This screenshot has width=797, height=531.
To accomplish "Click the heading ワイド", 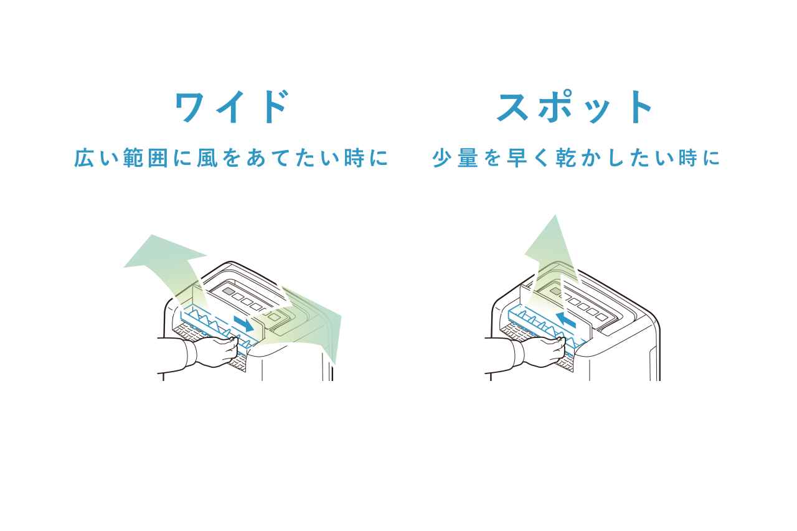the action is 231,106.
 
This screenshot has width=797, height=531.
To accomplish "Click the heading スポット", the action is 575,106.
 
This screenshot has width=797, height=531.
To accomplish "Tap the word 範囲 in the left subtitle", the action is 146,158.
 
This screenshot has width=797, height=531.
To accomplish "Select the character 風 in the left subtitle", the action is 207,158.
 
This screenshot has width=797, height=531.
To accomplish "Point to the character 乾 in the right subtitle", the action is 566,158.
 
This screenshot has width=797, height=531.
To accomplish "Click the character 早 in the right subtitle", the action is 517,158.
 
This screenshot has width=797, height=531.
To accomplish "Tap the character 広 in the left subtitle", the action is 84,158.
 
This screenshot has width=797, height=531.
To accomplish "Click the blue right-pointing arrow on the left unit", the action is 244,323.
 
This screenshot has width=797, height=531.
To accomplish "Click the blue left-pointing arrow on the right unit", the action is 566,320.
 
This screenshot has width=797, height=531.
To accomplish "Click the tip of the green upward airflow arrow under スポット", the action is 555,215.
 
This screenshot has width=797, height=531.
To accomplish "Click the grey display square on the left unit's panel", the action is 229,291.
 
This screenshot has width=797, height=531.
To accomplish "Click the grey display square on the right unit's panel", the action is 556,291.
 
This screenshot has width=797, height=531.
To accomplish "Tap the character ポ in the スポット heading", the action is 554,106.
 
